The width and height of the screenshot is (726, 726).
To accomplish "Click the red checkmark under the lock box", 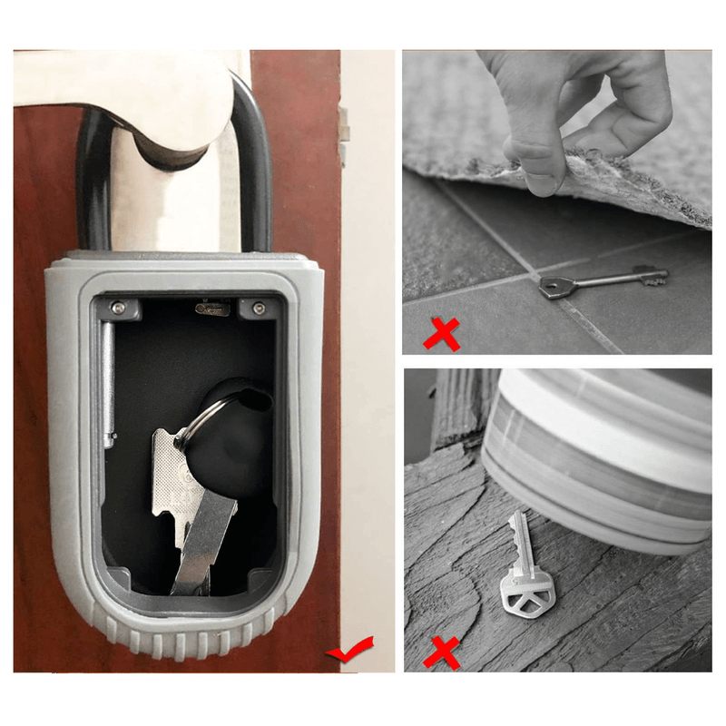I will (348, 650).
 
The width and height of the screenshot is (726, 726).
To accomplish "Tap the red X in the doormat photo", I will (442, 331).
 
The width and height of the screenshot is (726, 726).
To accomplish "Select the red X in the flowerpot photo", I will (442, 651).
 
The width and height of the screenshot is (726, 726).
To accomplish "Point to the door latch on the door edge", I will (344, 127).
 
